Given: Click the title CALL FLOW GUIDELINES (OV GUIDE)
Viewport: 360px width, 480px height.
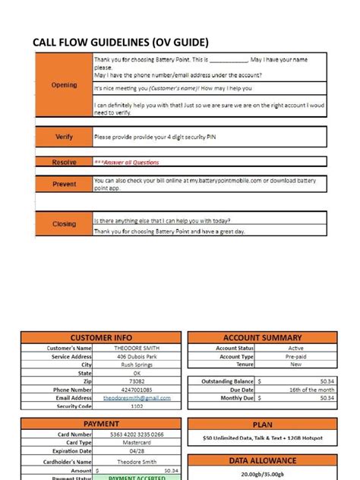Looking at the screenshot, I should (x=120, y=41).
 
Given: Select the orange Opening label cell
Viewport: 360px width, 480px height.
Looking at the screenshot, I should (x=64, y=85).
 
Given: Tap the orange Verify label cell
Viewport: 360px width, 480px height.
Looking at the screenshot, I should (x=64, y=137).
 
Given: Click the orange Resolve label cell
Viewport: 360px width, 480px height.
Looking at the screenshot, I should (x=64, y=163).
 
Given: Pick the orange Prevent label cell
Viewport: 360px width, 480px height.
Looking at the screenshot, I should (x=64, y=184).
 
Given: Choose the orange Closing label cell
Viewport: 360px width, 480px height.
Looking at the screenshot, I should (x=64, y=224).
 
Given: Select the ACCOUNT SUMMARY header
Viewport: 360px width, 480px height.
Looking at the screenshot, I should (x=263, y=338).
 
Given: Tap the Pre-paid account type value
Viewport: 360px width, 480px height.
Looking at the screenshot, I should (x=295, y=356).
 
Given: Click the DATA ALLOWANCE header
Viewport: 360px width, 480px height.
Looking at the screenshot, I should (x=263, y=461).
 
